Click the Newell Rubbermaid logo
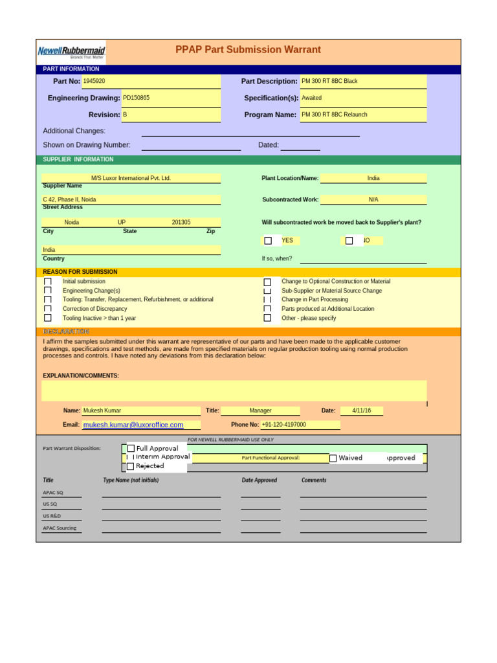[x=71, y=51]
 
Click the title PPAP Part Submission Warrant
[x=248, y=50]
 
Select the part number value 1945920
[x=94, y=82]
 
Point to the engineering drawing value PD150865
[x=136, y=98]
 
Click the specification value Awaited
[x=311, y=98]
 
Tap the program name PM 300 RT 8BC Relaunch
[x=334, y=115]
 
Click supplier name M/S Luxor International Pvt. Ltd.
[x=131, y=178]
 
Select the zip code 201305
[x=181, y=222]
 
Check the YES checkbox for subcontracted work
[x=268, y=241]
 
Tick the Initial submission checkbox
[x=48, y=282]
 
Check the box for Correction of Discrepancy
[x=48, y=309]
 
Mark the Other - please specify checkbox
[x=267, y=318]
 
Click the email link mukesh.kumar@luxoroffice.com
[x=133, y=425]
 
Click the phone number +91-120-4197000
[x=284, y=425]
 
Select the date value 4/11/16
[x=361, y=410]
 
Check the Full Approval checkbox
[x=131, y=448]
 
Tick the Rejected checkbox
[x=130, y=466]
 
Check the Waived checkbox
[x=333, y=458]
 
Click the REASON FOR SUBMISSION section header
[x=80, y=272]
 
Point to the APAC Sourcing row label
[x=60, y=528]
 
